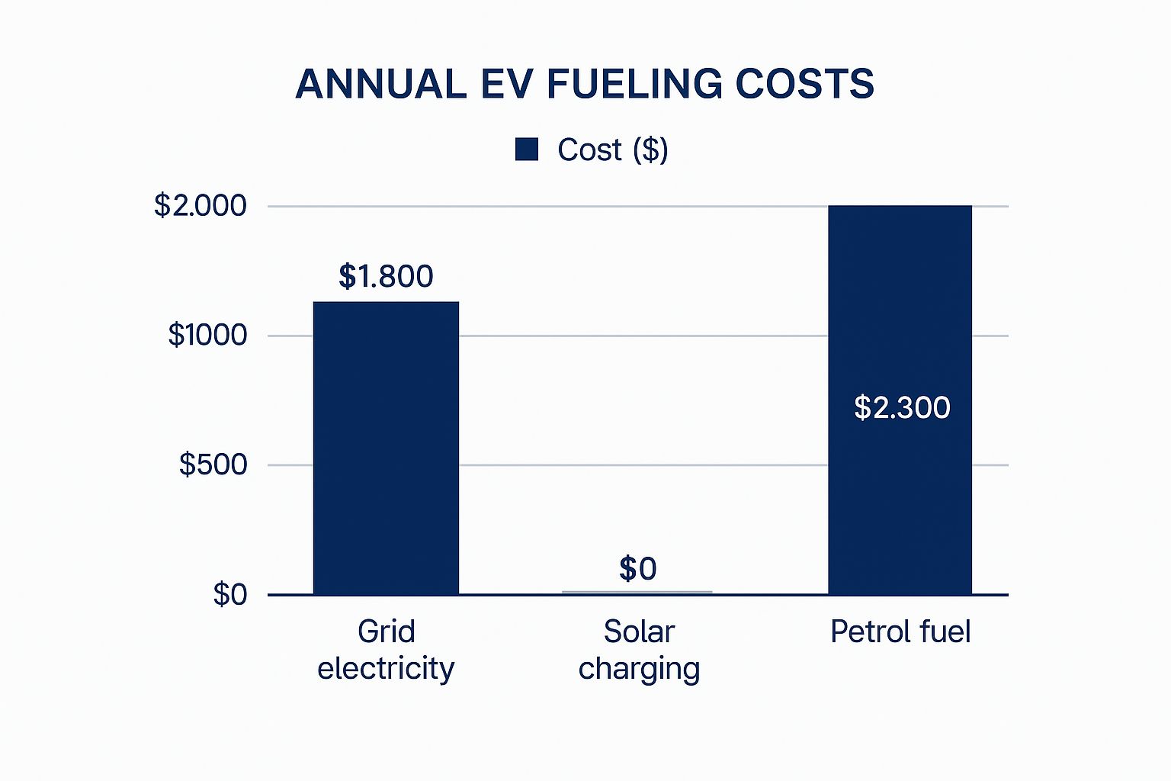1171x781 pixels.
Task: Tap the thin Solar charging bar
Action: click(x=637, y=592)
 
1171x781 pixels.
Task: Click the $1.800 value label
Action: click(x=386, y=276)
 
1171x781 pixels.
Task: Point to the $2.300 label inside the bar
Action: click(x=902, y=407)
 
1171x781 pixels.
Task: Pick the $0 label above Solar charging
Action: click(x=637, y=569)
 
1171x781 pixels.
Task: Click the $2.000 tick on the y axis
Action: click(x=201, y=205)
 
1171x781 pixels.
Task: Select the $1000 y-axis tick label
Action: click(x=207, y=335)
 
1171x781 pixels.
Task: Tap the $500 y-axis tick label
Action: click(x=213, y=464)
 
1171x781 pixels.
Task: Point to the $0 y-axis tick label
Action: click(x=229, y=593)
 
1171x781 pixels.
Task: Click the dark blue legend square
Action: click(x=527, y=149)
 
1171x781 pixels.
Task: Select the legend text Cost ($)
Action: click(x=612, y=149)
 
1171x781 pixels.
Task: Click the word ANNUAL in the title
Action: click(x=380, y=84)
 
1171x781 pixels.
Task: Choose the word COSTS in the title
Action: click(x=804, y=84)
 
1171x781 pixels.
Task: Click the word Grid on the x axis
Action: click(x=386, y=632)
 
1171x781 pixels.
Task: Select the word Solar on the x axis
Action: click(x=639, y=632)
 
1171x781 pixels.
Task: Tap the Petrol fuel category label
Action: click(x=900, y=632)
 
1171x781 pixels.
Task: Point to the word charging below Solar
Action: click(x=639, y=669)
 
